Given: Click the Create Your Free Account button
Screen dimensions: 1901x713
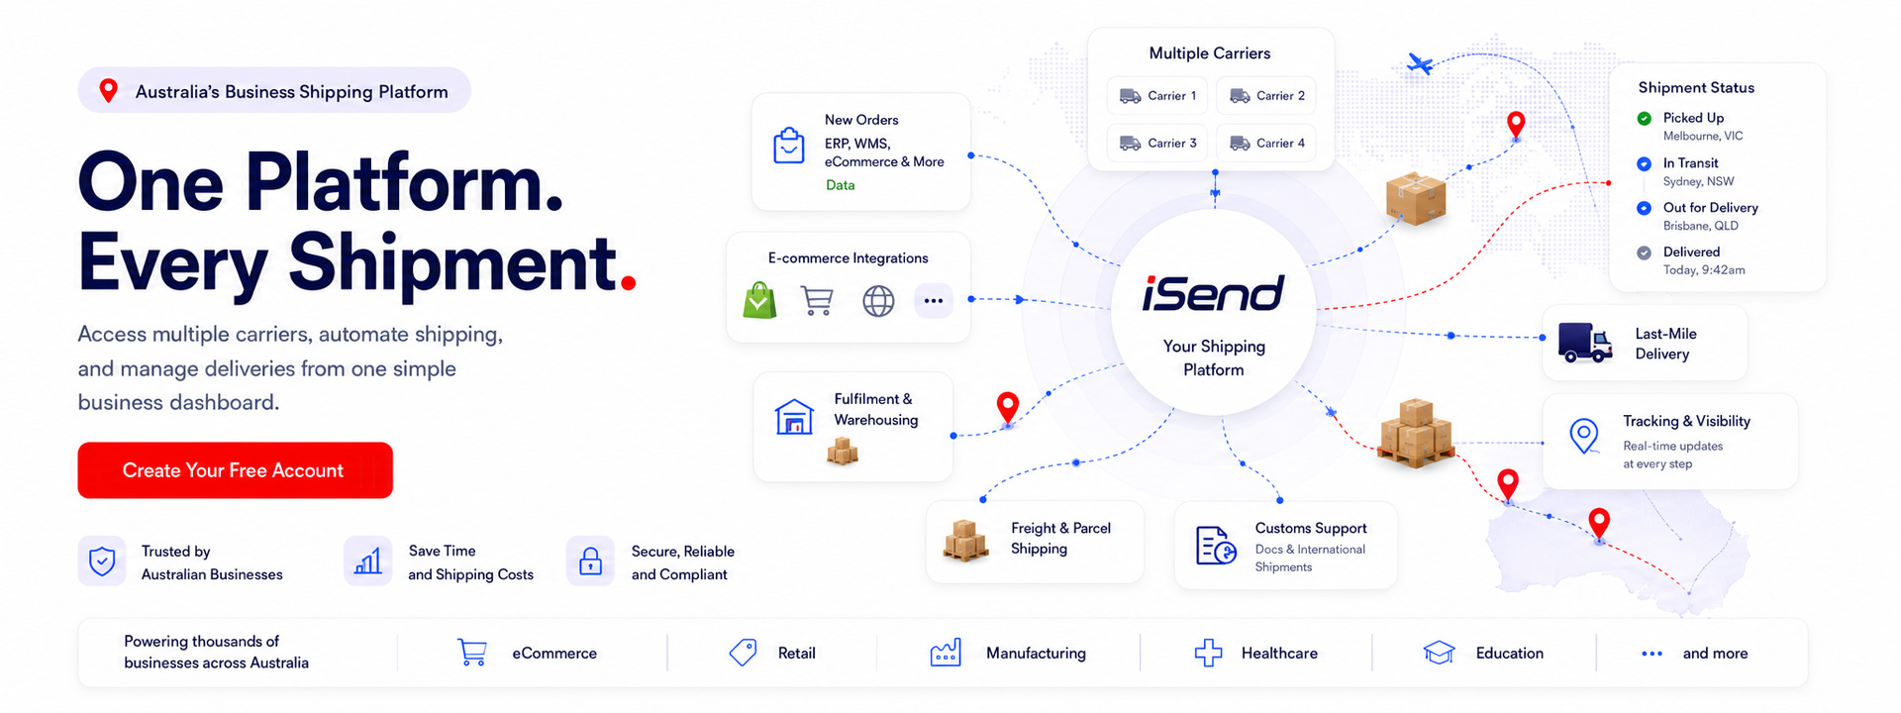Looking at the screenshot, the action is (235, 470).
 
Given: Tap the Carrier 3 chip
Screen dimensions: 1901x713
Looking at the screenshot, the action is (1157, 143).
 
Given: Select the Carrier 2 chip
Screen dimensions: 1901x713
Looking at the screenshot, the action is (1266, 96).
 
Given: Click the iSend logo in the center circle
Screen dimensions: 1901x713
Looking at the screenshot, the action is (1213, 293).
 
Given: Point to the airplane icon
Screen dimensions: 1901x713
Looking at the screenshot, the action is (1420, 64).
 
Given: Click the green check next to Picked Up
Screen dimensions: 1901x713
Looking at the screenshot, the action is (1644, 119).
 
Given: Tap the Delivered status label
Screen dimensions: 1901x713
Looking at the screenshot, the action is (1691, 252).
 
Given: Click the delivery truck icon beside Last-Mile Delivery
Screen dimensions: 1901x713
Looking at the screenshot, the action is (1585, 343).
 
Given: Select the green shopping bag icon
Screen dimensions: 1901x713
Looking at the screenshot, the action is (759, 300).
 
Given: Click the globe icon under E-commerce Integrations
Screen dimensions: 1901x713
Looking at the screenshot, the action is (878, 301).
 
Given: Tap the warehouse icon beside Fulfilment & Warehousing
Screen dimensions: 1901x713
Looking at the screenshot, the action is (794, 417).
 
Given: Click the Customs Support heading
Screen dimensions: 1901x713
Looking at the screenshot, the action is (1311, 528).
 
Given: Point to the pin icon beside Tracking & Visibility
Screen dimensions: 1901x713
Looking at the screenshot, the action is (1584, 436).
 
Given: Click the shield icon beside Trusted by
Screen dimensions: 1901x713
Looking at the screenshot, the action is (102, 561).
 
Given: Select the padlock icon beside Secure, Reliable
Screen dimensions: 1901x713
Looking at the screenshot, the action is (590, 561).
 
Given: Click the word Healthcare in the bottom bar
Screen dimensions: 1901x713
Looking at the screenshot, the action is (1279, 654).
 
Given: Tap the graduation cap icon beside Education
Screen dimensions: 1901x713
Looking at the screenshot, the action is (1439, 653).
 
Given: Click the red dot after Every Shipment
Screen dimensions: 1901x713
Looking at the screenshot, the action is (628, 283).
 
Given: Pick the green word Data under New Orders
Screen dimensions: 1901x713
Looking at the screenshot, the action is (841, 185).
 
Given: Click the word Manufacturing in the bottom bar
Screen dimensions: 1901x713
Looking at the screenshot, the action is (1036, 654).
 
